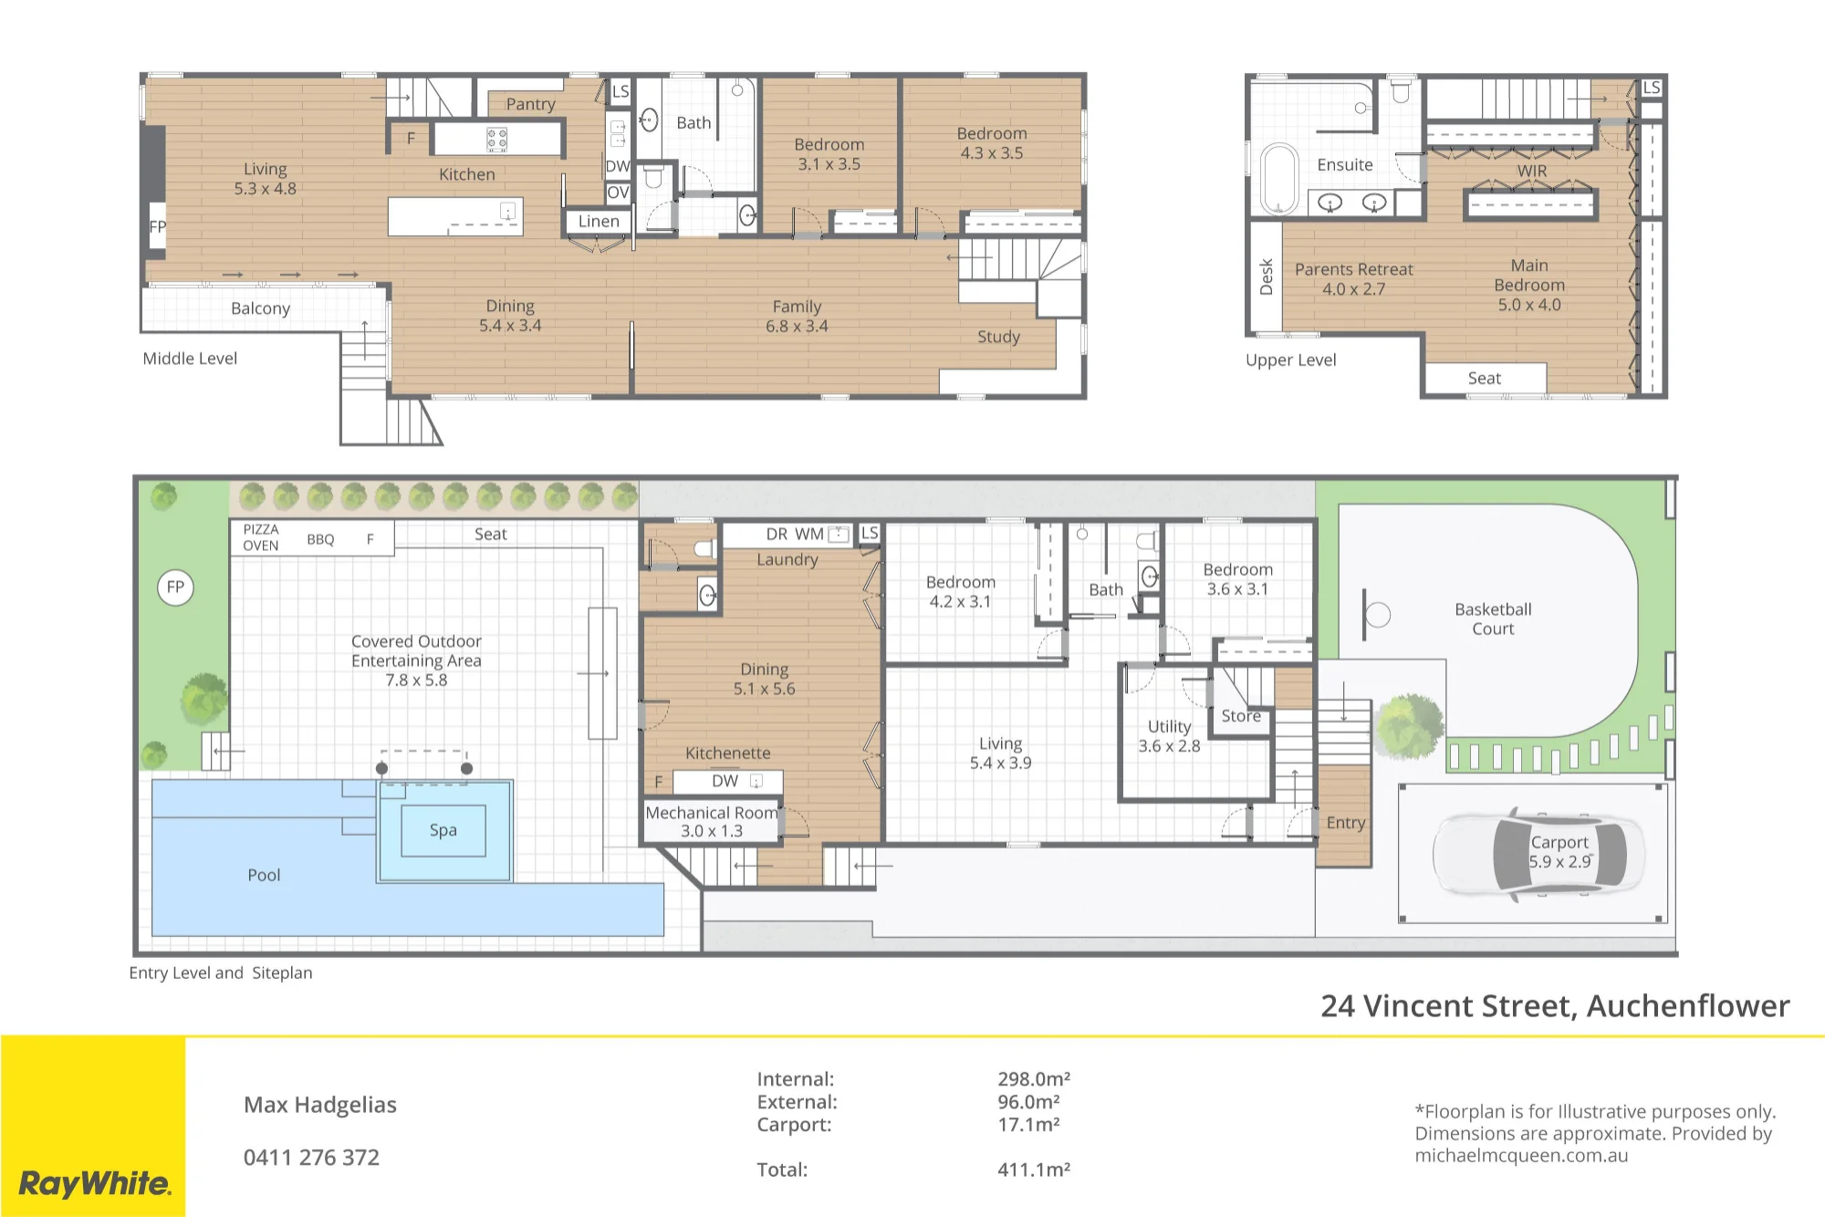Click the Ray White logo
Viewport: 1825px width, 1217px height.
point(95,1183)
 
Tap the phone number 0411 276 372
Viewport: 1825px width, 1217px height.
point(311,1158)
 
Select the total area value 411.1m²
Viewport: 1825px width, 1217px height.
point(1034,1170)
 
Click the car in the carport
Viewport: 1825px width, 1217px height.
point(1538,855)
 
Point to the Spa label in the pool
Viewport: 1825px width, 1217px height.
point(443,830)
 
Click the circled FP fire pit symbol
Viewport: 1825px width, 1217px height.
point(175,588)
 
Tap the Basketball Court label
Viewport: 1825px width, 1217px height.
point(1493,619)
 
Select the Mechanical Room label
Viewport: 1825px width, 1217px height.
point(712,813)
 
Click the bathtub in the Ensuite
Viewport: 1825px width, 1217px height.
point(1278,179)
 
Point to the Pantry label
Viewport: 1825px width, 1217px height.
point(530,104)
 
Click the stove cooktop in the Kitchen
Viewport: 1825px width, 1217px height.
point(496,139)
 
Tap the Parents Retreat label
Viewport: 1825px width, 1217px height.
point(1354,270)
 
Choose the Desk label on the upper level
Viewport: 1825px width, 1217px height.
point(1266,276)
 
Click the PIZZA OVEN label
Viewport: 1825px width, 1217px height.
point(260,537)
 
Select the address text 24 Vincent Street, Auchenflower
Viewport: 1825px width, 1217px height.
point(1555,1005)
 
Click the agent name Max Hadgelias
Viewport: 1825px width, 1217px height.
point(320,1105)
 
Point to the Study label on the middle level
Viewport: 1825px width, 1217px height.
point(998,337)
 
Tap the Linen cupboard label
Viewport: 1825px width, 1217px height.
point(599,222)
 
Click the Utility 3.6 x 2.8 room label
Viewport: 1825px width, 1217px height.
point(1169,736)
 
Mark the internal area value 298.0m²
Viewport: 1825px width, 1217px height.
point(1034,1079)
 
